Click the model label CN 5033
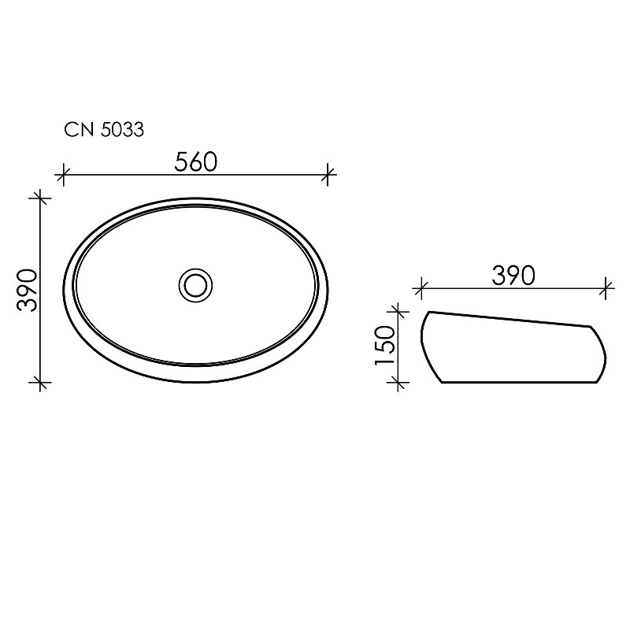[x=104, y=130]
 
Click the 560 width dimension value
[x=195, y=162]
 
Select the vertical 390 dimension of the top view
[x=27, y=290]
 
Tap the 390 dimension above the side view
[x=513, y=276]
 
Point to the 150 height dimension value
[x=385, y=346]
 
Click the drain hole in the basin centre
[x=195, y=286]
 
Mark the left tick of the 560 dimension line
[x=64, y=175]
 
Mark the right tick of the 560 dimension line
[x=328, y=175]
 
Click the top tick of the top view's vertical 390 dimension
[x=40, y=198]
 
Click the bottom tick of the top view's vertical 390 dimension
[x=40, y=383]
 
